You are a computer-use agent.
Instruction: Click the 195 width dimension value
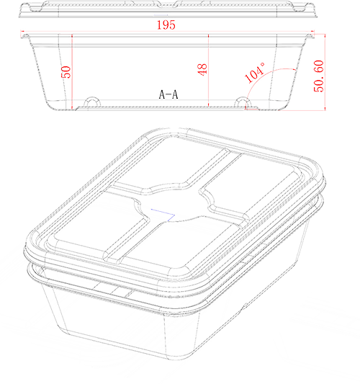pos(166,25)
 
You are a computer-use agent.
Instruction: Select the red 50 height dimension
pos(66,72)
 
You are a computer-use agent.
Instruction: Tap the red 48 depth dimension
pos(202,70)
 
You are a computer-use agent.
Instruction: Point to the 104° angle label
pos(255,73)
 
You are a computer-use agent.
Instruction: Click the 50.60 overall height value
pos(319,76)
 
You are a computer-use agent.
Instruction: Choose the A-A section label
pos(168,94)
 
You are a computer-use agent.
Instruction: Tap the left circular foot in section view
pos(92,102)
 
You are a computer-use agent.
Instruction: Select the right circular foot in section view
pos(243,102)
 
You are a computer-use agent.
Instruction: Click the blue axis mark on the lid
pos(163,215)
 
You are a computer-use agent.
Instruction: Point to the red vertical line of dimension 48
pos(209,71)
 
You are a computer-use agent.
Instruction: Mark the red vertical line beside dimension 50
pos(72,72)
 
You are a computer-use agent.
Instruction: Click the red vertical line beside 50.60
pos(325,72)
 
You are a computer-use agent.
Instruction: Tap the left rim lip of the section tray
pos(24,36)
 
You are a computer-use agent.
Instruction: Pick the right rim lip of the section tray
pos(310,36)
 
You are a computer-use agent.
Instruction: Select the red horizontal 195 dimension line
pos(167,32)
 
